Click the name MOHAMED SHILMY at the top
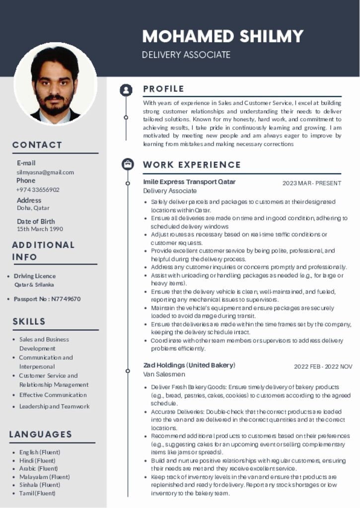[x=222, y=36]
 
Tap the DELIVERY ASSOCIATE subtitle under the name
[x=186, y=55]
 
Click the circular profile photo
[x=55, y=84]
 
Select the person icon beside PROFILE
[x=126, y=90]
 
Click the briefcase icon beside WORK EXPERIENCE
[x=128, y=164]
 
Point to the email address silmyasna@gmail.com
[x=45, y=172]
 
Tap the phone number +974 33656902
[x=38, y=190]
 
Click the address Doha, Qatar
[x=33, y=208]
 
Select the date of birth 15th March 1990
[x=40, y=229]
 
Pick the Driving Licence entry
[x=35, y=276]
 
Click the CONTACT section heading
[x=37, y=145]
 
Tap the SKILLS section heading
[x=29, y=321]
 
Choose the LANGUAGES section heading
[x=41, y=434]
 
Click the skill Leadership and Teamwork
[x=55, y=406]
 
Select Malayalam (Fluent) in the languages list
[x=44, y=477]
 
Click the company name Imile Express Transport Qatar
[x=189, y=182]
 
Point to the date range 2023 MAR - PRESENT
[x=312, y=183]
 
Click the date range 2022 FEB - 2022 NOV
[x=323, y=367]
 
